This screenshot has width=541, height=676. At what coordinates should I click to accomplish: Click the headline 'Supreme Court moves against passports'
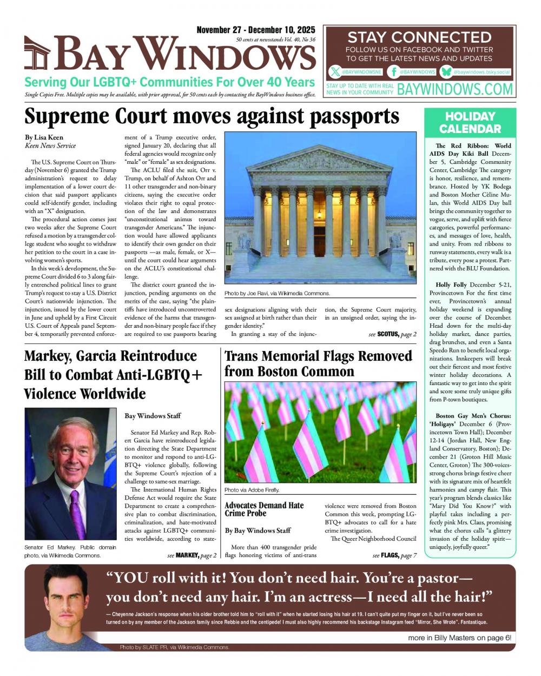(212, 116)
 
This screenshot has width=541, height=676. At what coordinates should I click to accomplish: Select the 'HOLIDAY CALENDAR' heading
(470, 123)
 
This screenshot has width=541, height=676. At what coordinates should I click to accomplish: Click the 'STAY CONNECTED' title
(419, 37)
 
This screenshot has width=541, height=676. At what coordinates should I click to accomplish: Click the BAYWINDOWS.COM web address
(455, 89)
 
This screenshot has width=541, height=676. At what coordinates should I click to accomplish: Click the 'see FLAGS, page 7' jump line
(394, 555)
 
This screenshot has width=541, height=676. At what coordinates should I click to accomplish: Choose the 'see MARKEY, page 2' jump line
(192, 555)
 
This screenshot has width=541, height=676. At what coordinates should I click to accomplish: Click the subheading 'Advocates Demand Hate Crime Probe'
(264, 509)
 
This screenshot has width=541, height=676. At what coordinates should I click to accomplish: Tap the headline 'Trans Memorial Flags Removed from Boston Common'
(318, 363)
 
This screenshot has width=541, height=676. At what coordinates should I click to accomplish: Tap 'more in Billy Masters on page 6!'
(459, 638)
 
